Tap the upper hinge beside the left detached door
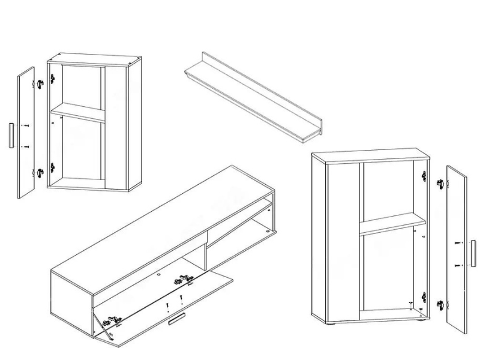[x=41, y=83]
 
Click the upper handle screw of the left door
[x=26, y=125]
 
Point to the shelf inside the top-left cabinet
[x=78, y=112]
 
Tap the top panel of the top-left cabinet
[x=95, y=59]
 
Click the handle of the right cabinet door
[x=472, y=251]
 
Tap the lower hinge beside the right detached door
[x=441, y=305]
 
